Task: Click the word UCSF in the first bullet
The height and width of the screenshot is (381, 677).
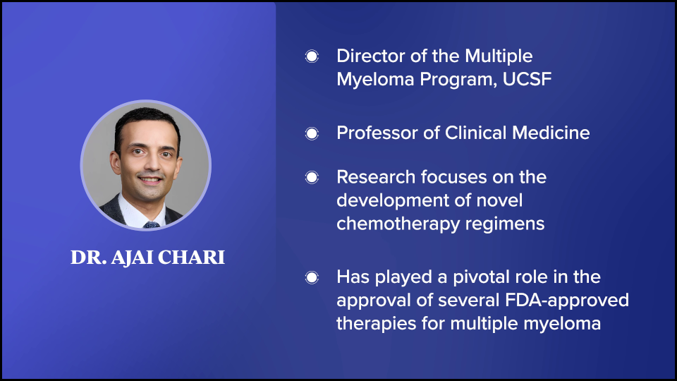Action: click(x=527, y=79)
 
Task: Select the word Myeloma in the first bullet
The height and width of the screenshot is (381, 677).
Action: click(x=375, y=80)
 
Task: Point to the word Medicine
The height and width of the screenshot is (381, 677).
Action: click(x=551, y=133)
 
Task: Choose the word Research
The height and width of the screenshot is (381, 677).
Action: click(x=375, y=177)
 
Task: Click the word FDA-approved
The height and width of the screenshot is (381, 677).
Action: click(x=566, y=301)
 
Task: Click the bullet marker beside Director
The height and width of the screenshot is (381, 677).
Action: click(x=312, y=56)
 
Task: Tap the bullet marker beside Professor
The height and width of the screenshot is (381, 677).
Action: click(x=312, y=133)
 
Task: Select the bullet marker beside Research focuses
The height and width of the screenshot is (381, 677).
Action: click(x=312, y=177)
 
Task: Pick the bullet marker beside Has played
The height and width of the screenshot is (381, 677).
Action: click(x=312, y=277)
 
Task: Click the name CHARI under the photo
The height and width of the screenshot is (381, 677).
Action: click(x=191, y=258)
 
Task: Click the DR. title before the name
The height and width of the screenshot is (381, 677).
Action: click(x=89, y=258)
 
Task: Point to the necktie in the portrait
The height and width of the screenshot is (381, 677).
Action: click(x=152, y=224)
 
